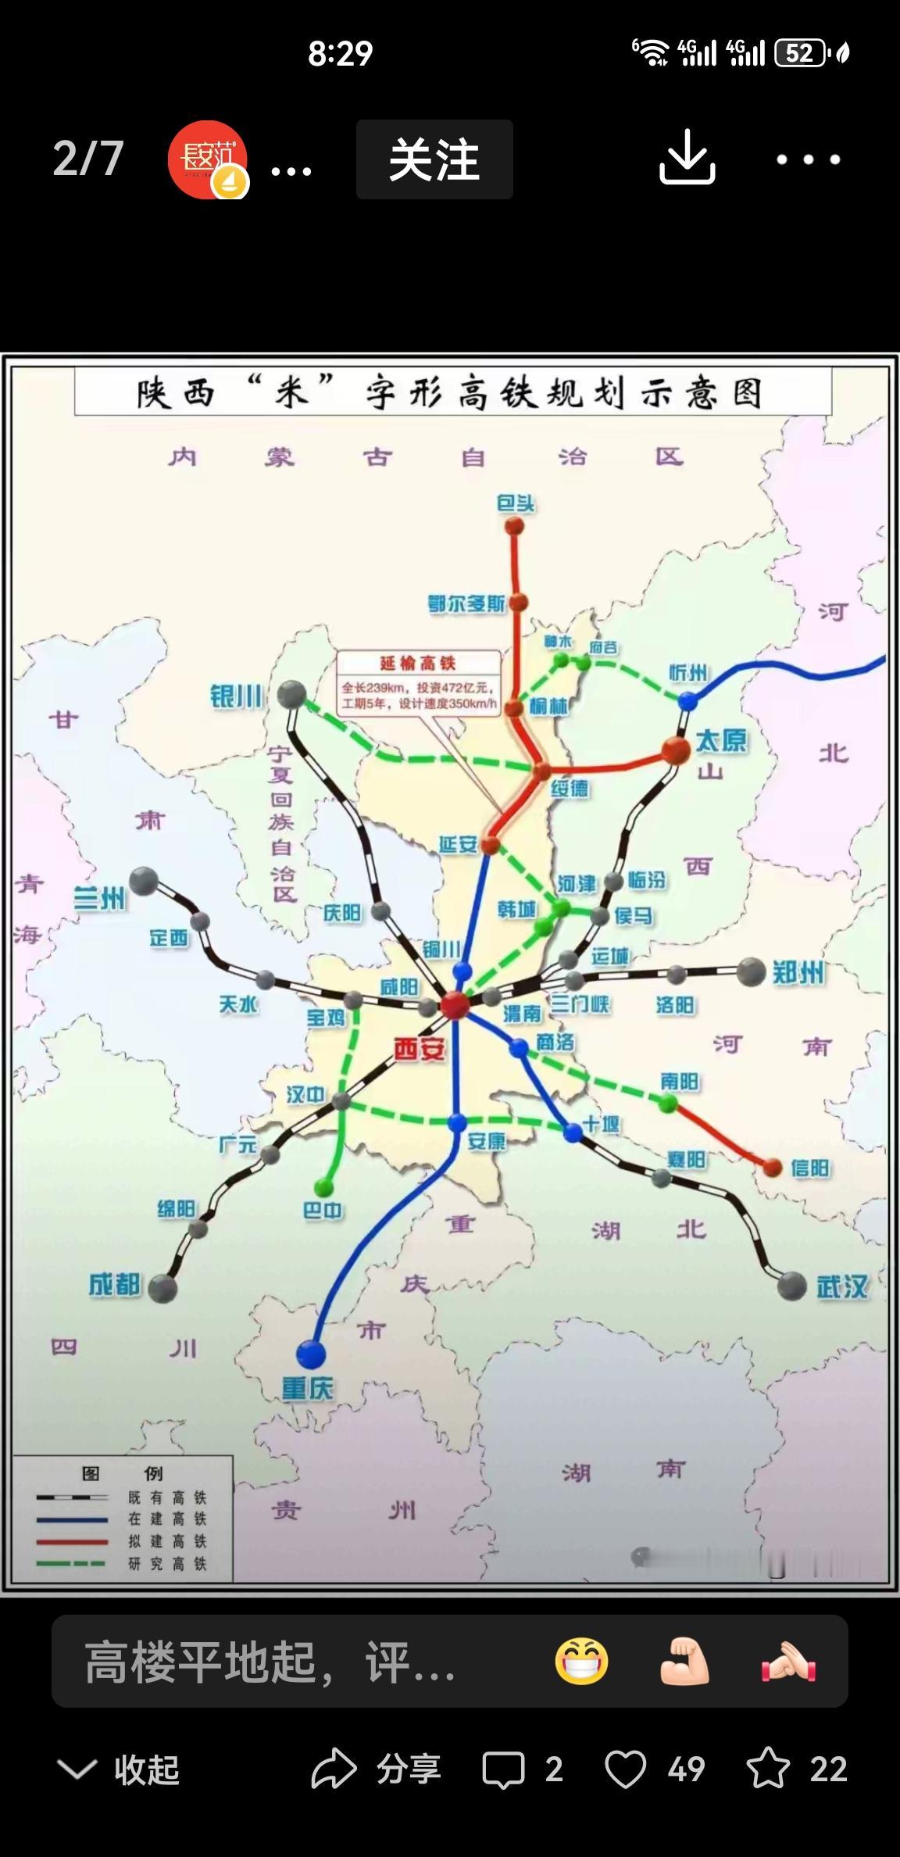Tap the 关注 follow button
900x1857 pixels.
point(434,159)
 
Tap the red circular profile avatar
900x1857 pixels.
point(207,159)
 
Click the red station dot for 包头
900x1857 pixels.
point(513,526)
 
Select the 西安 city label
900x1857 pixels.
point(419,1049)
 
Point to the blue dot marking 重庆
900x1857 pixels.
point(310,1354)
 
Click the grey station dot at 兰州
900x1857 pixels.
point(144,881)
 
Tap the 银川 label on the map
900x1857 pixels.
point(236,696)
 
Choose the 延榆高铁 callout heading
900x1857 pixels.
point(417,663)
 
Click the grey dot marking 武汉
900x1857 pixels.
point(791,1286)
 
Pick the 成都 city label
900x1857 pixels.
point(114,1284)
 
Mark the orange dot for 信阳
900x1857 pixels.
point(772,1168)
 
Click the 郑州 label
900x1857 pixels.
point(798,972)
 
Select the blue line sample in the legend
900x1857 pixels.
point(72,1520)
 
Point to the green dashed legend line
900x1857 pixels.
point(72,1563)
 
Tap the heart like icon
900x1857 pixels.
point(625,1769)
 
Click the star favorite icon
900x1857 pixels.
point(767,1768)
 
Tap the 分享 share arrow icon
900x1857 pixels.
point(334,1768)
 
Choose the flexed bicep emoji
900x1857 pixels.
point(685,1662)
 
